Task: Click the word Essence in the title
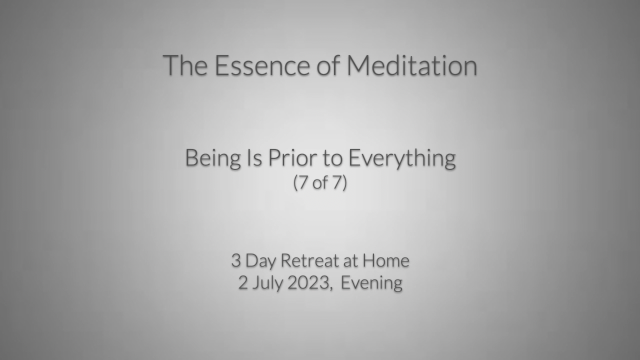click(262, 65)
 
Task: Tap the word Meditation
click(411, 65)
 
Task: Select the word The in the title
click(185, 65)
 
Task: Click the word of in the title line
click(328, 65)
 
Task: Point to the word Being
click(213, 158)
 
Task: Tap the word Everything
click(402, 158)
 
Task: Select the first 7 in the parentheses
click(303, 182)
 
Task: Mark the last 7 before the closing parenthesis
click(337, 182)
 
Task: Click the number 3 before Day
click(236, 260)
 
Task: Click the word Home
click(386, 260)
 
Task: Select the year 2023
click(308, 282)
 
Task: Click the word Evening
click(371, 283)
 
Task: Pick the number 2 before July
click(243, 282)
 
